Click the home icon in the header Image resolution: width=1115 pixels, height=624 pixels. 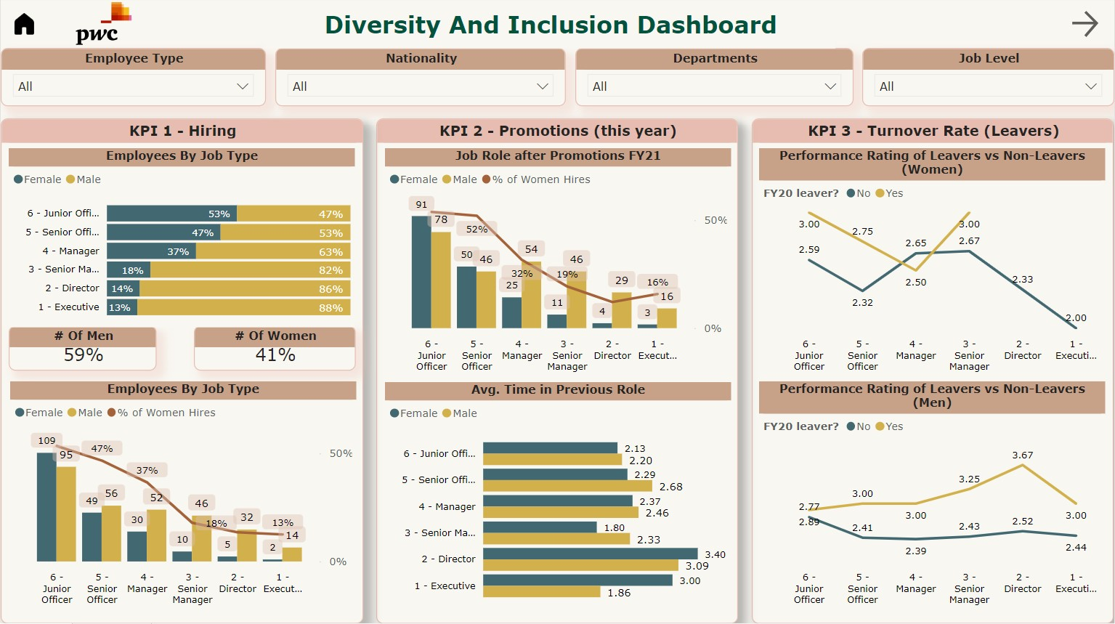click(x=25, y=24)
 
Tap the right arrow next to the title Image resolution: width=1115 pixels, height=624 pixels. click(x=1084, y=24)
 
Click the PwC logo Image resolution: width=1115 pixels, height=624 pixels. click(x=99, y=25)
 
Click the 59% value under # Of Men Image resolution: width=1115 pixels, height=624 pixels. click(x=84, y=355)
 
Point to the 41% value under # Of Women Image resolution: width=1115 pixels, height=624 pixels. click(x=275, y=355)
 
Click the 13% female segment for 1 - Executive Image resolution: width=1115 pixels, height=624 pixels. click(x=121, y=307)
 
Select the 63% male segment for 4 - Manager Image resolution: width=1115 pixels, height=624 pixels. click(x=272, y=251)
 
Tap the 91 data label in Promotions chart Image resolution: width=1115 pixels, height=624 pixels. click(x=421, y=204)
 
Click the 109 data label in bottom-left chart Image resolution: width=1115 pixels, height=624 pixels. click(x=46, y=440)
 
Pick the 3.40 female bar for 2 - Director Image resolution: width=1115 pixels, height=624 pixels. click(x=590, y=554)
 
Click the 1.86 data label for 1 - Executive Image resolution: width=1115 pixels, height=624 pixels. click(x=619, y=593)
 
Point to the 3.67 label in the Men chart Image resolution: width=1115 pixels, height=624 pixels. click(x=1022, y=455)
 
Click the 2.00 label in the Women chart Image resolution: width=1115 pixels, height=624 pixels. click(x=1076, y=317)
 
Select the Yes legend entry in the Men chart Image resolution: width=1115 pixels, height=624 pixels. click(x=890, y=426)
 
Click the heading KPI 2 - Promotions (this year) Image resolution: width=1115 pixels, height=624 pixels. click(x=557, y=131)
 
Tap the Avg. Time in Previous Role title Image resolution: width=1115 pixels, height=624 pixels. click(x=557, y=389)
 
